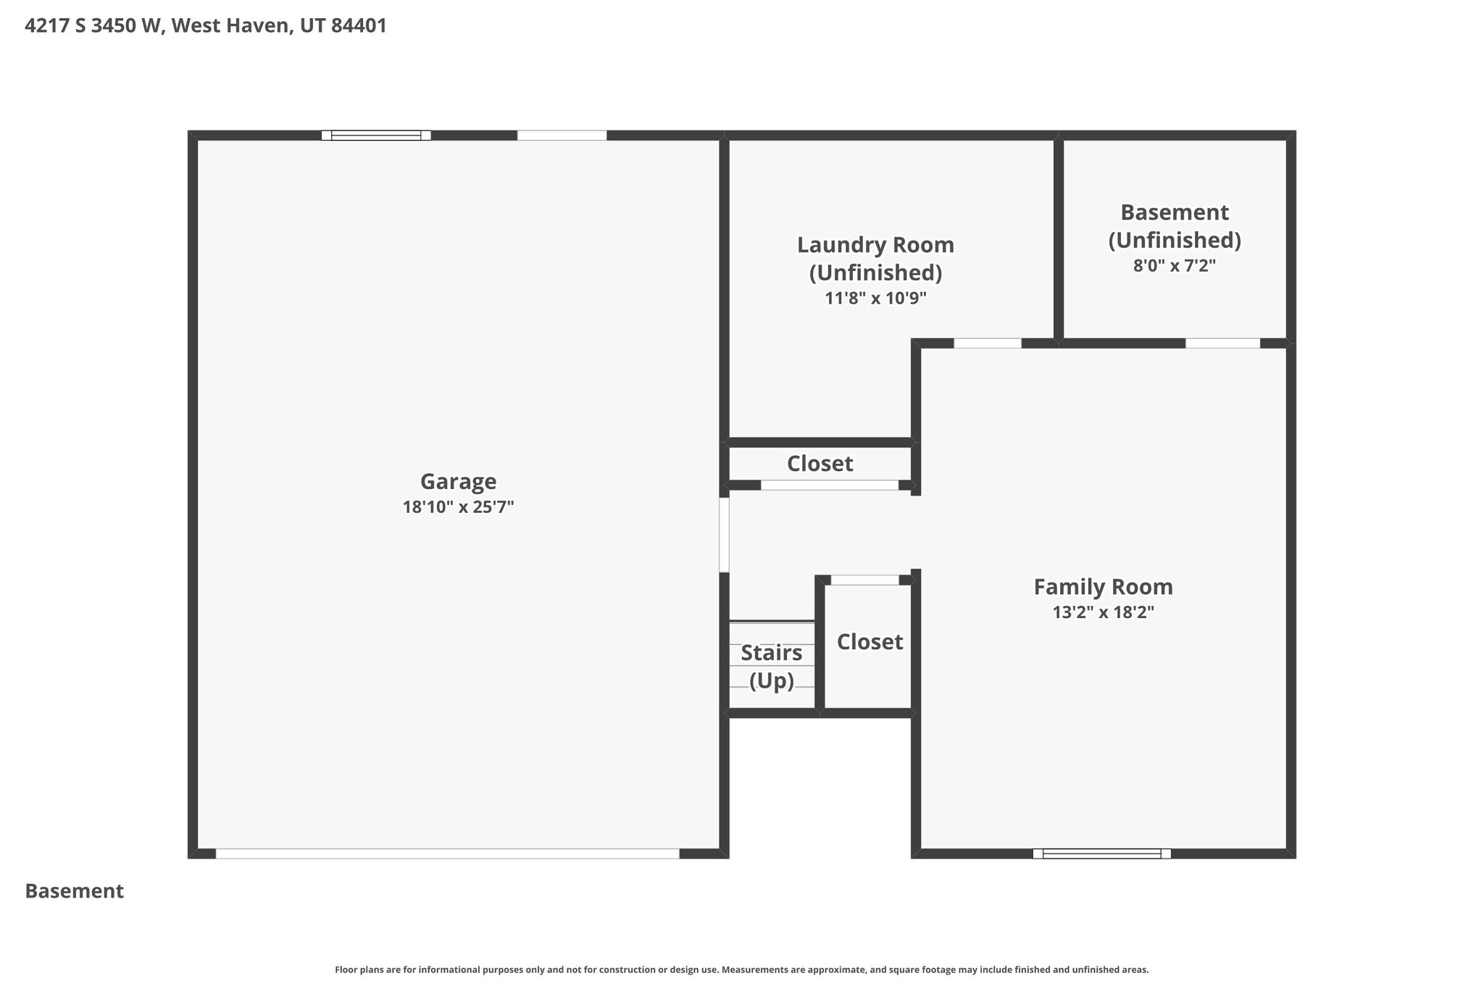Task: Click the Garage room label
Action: [x=458, y=482]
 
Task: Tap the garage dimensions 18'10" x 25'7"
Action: [x=458, y=506]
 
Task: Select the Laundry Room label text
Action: [x=875, y=259]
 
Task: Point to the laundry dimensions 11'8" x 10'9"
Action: [x=875, y=298]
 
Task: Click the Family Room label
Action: [x=1103, y=586]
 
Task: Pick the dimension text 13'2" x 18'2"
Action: [x=1103, y=612]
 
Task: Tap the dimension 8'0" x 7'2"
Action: [x=1174, y=266]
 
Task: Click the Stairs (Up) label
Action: [x=772, y=667]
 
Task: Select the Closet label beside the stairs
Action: [x=870, y=642]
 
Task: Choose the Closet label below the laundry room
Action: [x=820, y=464]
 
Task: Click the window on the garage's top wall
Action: [x=376, y=135]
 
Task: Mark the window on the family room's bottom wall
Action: [x=1101, y=854]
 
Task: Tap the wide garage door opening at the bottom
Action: [x=448, y=854]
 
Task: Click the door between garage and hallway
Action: [x=724, y=535]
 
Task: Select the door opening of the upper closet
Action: [x=830, y=485]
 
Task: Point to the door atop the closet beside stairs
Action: [x=864, y=580]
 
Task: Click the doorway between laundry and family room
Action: [x=988, y=343]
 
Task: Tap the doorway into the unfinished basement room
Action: [x=1222, y=343]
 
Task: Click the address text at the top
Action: [x=206, y=26]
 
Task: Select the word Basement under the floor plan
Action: [x=75, y=891]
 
